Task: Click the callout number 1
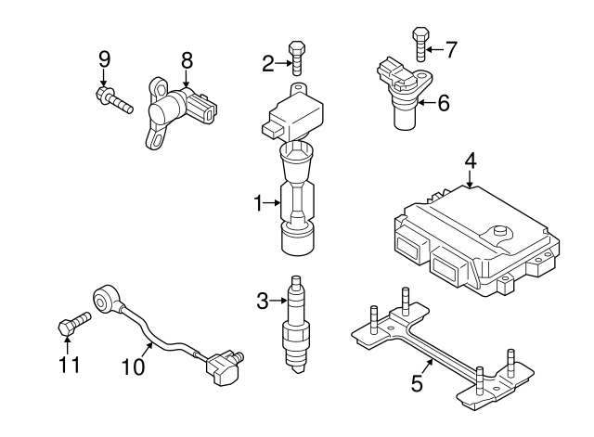(260, 201)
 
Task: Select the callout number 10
(134, 366)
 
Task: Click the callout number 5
(417, 381)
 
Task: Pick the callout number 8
(187, 59)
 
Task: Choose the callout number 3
(263, 300)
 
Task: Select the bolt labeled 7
(419, 42)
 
